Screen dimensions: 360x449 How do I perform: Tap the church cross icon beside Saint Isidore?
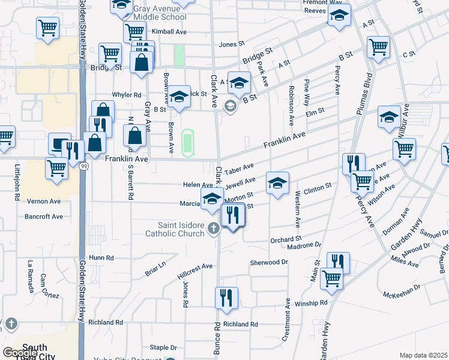point(213,228)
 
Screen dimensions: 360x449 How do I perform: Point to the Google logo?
point(19,353)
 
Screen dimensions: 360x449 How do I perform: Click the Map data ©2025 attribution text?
point(423,355)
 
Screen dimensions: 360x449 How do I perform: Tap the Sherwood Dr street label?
point(269,263)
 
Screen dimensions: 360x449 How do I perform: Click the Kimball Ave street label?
point(169,31)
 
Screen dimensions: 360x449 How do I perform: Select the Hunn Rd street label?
point(101,257)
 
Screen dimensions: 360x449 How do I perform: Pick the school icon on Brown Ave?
point(178,97)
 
